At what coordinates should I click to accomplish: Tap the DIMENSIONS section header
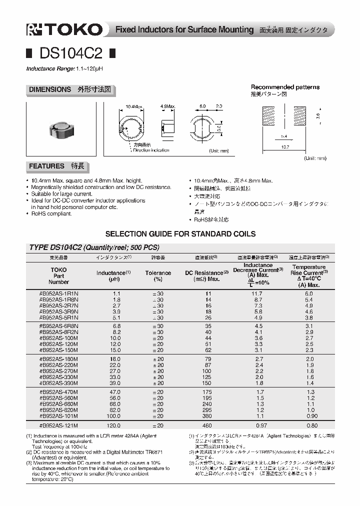tap(70, 90)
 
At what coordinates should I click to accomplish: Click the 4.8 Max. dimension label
tap(167, 106)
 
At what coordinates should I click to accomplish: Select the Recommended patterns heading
tap(285, 87)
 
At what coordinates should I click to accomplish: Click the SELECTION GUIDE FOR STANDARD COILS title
tap(180, 233)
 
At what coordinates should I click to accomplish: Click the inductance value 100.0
tap(114, 416)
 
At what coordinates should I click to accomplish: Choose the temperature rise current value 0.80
tap(311, 425)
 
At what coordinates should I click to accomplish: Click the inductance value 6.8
tap(116, 325)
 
